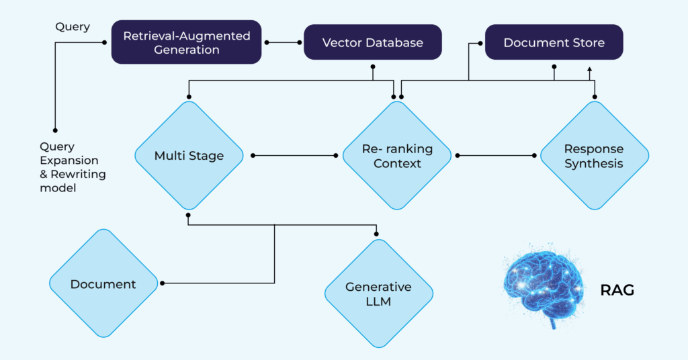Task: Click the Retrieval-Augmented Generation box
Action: click(x=186, y=42)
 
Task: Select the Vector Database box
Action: click(x=373, y=42)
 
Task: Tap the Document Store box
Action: click(x=554, y=42)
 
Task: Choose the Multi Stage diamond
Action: click(x=189, y=156)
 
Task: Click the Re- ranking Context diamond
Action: click(x=397, y=156)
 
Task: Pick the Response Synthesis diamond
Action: click(x=594, y=156)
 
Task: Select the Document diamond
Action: click(x=103, y=284)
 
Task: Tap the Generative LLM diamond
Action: click(x=378, y=294)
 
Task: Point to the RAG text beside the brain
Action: click(x=617, y=290)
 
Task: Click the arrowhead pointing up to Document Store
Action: click(x=589, y=69)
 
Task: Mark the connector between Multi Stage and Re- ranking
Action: click(x=296, y=156)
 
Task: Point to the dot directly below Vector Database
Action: click(x=373, y=66)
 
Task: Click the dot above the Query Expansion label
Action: click(x=56, y=130)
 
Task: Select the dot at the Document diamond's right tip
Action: click(x=163, y=283)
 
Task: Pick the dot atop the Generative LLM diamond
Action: click(x=376, y=234)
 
